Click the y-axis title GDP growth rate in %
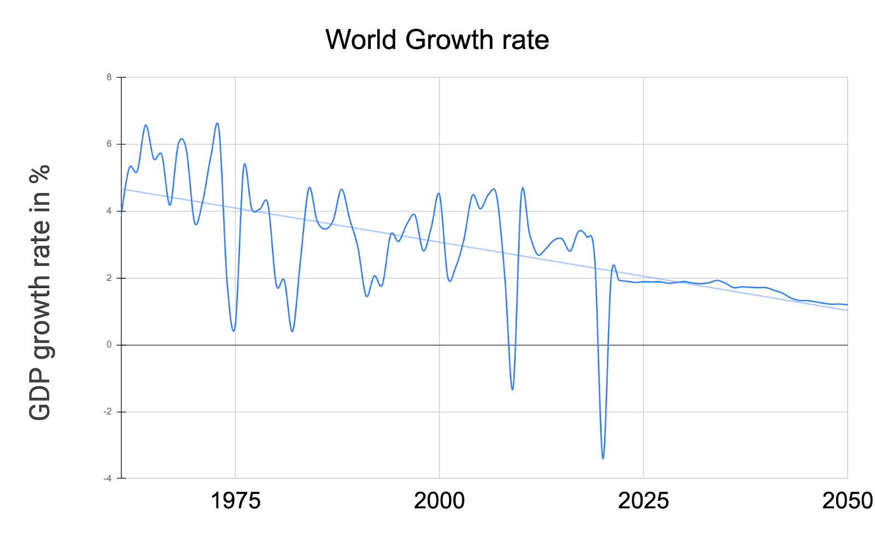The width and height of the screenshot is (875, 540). pyautogui.click(x=39, y=292)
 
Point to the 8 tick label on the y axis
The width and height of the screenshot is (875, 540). pyautogui.click(x=109, y=78)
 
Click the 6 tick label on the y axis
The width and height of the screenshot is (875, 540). pyautogui.click(x=109, y=144)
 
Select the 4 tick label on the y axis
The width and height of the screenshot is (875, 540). pyautogui.click(x=109, y=211)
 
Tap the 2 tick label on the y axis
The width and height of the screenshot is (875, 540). pyautogui.click(x=109, y=278)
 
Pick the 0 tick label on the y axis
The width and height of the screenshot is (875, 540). pyautogui.click(x=109, y=345)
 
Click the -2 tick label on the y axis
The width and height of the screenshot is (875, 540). pyautogui.click(x=108, y=412)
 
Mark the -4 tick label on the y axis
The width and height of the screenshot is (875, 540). pyautogui.click(x=108, y=478)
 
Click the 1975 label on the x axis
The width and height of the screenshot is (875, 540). pyautogui.click(x=235, y=501)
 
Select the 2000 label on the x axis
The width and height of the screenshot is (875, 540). pyautogui.click(x=439, y=501)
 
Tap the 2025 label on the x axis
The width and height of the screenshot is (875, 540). pyautogui.click(x=643, y=501)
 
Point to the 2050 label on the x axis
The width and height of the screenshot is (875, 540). pyautogui.click(x=847, y=501)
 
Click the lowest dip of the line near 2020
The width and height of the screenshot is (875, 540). pyautogui.click(x=603, y=458)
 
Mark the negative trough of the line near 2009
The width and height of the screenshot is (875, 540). pyautogui.click(x=512, y=389)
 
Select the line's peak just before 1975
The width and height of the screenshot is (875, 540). pyautogui.click(x=217, y=124)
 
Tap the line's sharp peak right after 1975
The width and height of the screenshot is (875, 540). pyautogui.click(x=244, y=164)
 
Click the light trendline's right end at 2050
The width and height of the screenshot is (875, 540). pyautogui.click(x=847, y=310)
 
